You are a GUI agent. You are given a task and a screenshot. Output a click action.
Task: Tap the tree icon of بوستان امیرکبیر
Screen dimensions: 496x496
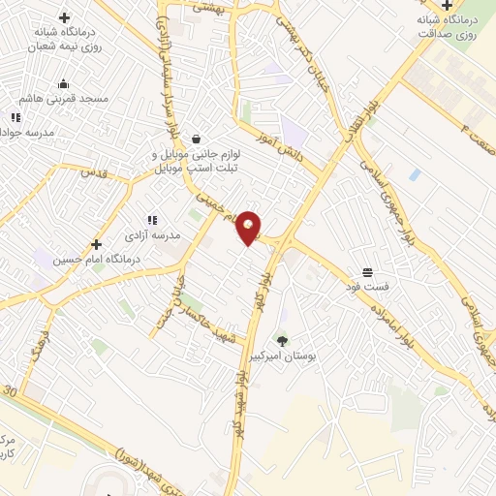pos(282,340)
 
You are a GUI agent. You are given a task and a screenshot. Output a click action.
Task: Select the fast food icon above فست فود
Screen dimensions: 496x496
pos(366,271)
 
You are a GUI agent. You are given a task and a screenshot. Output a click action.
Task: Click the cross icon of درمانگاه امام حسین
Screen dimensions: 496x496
pos(95,245)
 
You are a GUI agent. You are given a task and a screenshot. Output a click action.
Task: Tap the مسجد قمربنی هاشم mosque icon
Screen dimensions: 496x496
pos(64,83)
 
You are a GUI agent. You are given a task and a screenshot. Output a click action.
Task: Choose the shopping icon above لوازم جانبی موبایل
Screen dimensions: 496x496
pos(197,139)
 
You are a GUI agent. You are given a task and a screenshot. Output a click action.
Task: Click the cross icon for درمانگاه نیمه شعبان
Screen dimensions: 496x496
pos(64,17)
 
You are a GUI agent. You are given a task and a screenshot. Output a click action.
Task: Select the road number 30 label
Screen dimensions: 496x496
pos(11,391)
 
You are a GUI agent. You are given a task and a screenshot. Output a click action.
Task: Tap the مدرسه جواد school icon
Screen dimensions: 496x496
pos(15,118)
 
